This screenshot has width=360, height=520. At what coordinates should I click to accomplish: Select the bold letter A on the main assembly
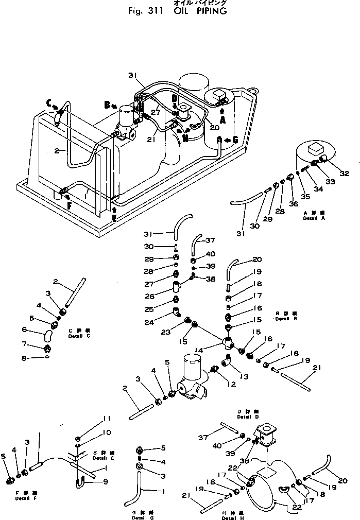click(x=222, y=119)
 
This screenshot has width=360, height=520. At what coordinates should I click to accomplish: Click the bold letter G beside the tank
click(x=235, y=140)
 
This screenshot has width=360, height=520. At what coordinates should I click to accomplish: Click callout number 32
click(x=344, y=174)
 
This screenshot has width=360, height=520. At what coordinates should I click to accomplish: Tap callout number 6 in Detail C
click(x=24, y=330)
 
